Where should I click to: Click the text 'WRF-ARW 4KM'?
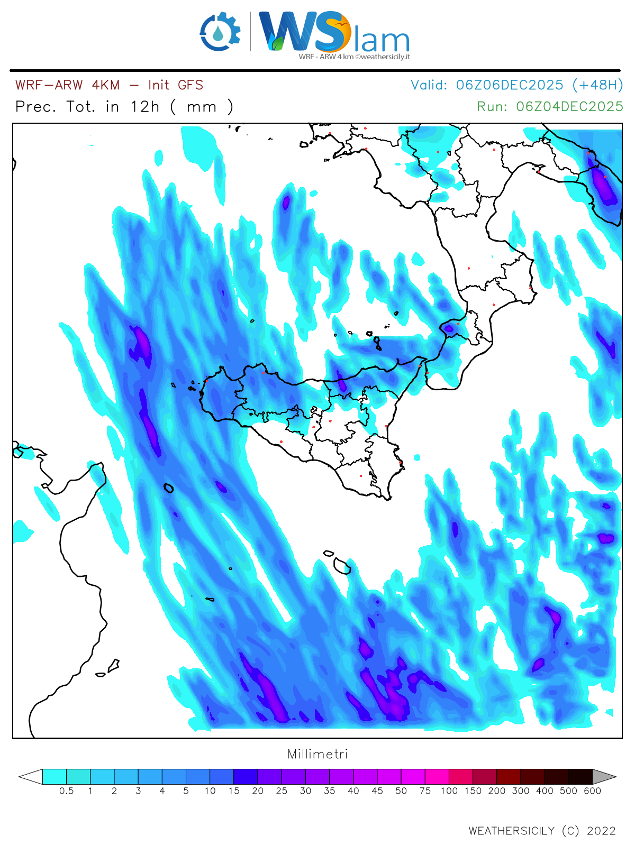click(67, 85)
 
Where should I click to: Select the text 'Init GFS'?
click(176, 85)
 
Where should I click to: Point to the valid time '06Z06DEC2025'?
click(509, 85)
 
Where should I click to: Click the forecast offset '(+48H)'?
click(597, 85)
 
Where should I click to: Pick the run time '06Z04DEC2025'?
click(569, 106)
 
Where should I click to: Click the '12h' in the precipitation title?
click(144, 107)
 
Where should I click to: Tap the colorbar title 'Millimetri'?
click(317, 754)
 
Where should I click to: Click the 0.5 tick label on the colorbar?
click(66, 791)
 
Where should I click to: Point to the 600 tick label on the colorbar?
click(592, 791)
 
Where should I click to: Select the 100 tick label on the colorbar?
click(449, 791)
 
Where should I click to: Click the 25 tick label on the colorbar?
click(282, 791)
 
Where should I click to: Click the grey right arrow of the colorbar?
click(604, 777)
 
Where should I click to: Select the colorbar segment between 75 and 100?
click(437, 777)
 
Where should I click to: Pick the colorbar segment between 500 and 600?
click(580, 777)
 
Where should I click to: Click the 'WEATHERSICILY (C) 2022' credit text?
click(542, 831)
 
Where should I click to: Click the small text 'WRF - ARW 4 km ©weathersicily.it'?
click(354, 57)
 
